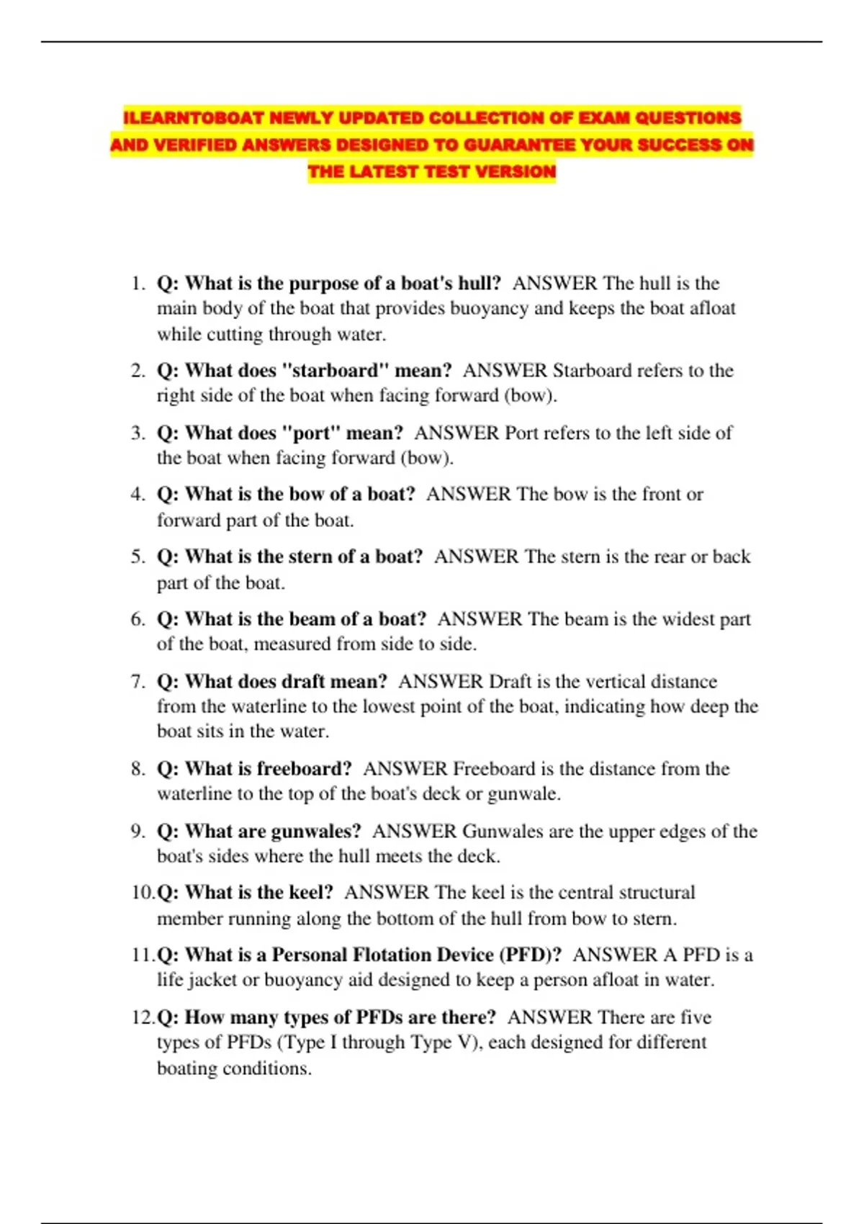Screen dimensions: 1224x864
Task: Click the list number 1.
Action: [138, 284]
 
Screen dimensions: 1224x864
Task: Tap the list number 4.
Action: [138, 495]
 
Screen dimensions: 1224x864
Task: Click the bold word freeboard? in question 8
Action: [305, 769]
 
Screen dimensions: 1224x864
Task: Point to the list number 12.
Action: [143, 1017]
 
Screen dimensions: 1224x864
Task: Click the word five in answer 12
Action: [696, 1017]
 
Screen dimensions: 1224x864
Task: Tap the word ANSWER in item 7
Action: [441, 681]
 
